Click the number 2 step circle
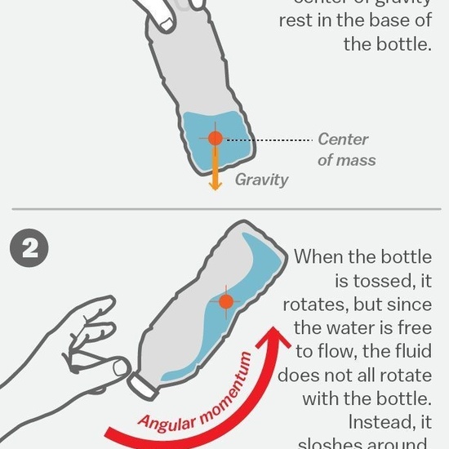click(29, 250)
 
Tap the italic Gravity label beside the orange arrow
click(261, 180)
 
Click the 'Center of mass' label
click(345, 149)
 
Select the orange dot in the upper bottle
click(215, 139)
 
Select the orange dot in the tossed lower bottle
click(226, 302)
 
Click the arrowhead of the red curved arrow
click(282, 336)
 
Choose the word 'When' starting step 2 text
click(319, 257)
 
